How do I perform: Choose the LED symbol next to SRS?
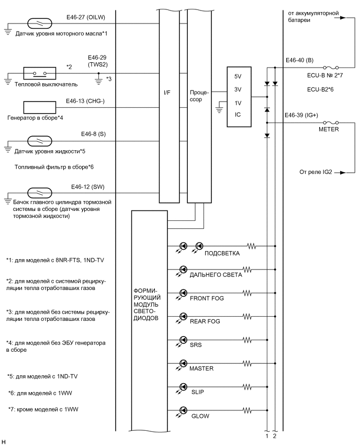coord(183,340)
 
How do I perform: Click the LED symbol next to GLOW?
coord(183,411)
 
